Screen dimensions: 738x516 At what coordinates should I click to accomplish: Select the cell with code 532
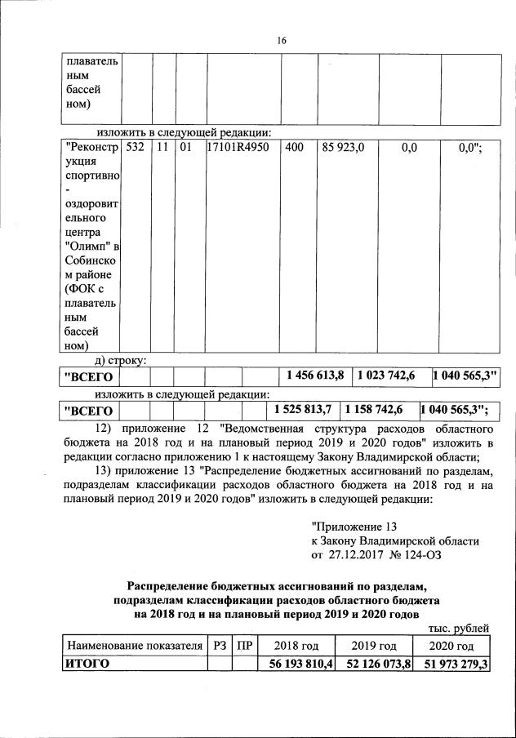pos(136,148)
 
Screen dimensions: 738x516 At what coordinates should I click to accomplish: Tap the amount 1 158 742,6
pos(378,409)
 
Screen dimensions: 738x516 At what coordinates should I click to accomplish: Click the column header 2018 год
pos(296,646)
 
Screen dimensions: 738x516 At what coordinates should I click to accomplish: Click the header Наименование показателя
pos(135,646)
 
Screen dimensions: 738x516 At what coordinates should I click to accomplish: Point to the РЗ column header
pos(219,646)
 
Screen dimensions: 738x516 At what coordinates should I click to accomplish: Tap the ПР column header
pos(243,646)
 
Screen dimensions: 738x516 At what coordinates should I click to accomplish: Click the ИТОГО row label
pos(87,664)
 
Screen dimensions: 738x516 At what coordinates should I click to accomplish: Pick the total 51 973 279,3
pos(451,664)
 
